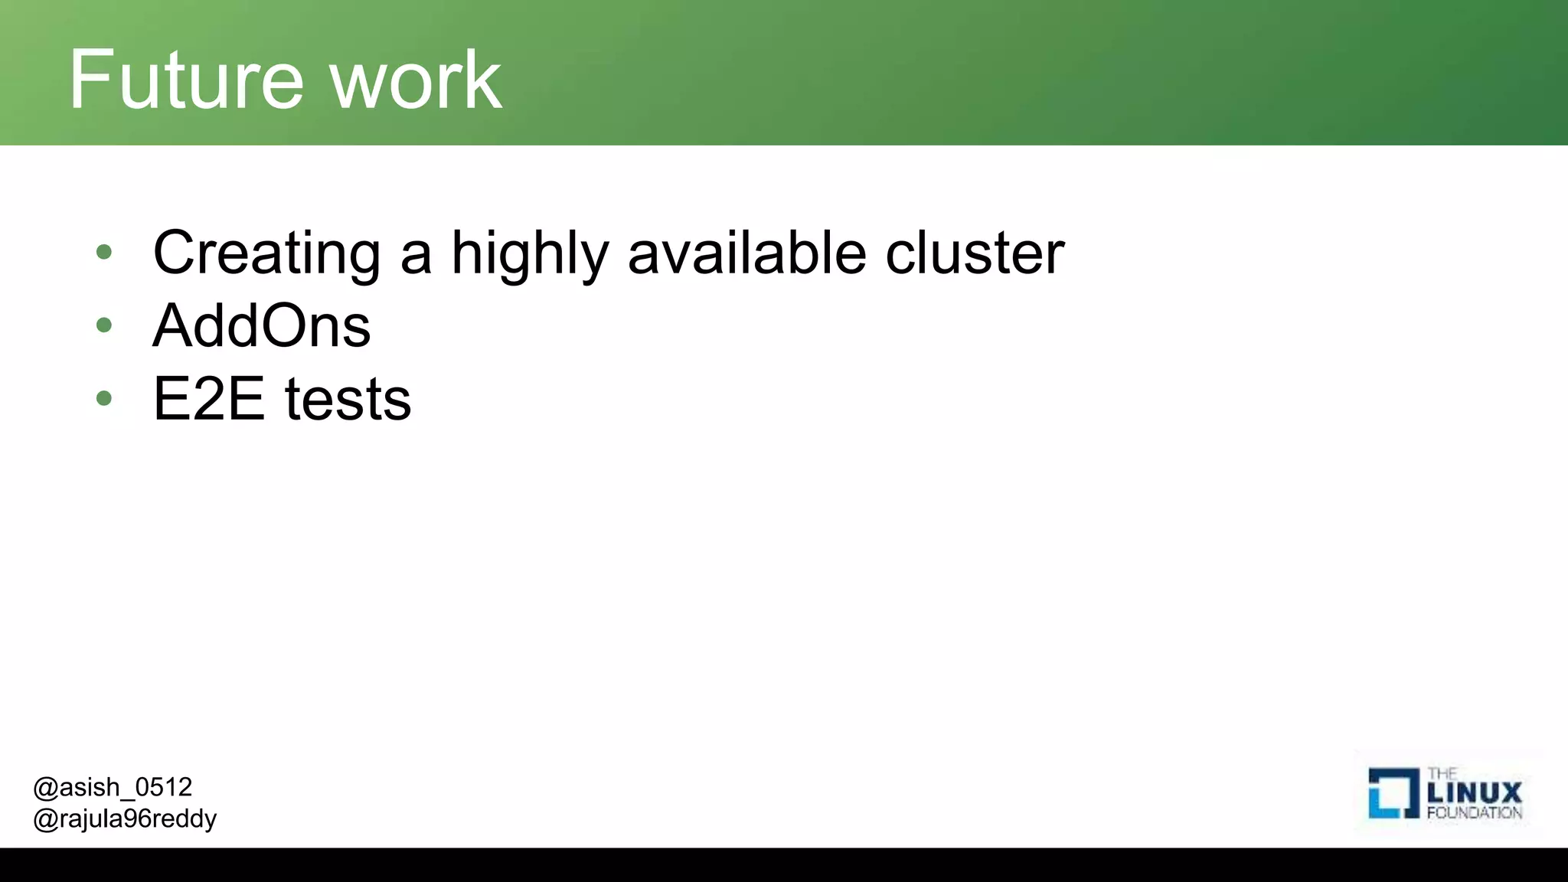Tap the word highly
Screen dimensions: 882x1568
530,253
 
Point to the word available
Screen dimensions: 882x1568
747,252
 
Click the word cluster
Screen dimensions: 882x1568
975,252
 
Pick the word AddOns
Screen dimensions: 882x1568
262,326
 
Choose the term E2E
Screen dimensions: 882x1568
208,399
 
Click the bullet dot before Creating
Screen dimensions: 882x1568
104,252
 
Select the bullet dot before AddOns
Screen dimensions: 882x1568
104,325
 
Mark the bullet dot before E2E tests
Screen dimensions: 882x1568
104,398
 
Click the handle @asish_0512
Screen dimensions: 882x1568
113,787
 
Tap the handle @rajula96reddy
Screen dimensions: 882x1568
125,819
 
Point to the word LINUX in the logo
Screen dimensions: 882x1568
1475,792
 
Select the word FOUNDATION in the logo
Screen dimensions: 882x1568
1475,813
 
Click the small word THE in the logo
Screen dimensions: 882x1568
1442,773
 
